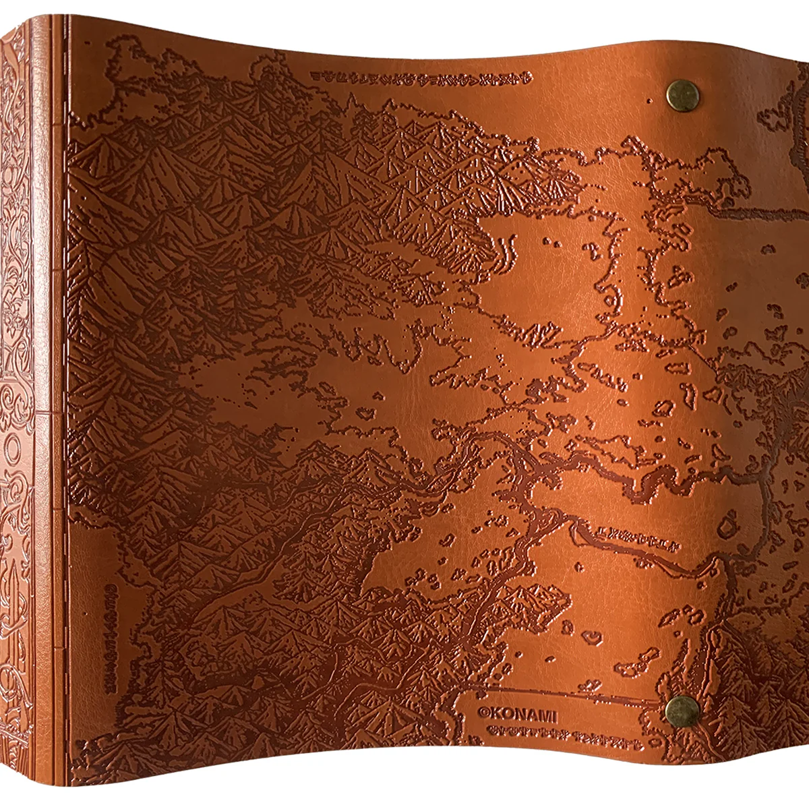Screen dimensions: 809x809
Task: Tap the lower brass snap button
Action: (x=681, y=710)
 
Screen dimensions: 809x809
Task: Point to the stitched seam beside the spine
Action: (x=63, y=404)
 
